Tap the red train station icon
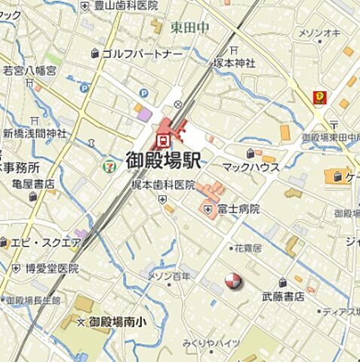(x=163, y=139)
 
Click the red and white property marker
(x=234, y=281)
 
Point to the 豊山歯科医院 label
(x=125, y=5)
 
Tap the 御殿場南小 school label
(x=122, y=323)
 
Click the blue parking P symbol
(x=84, y=88)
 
